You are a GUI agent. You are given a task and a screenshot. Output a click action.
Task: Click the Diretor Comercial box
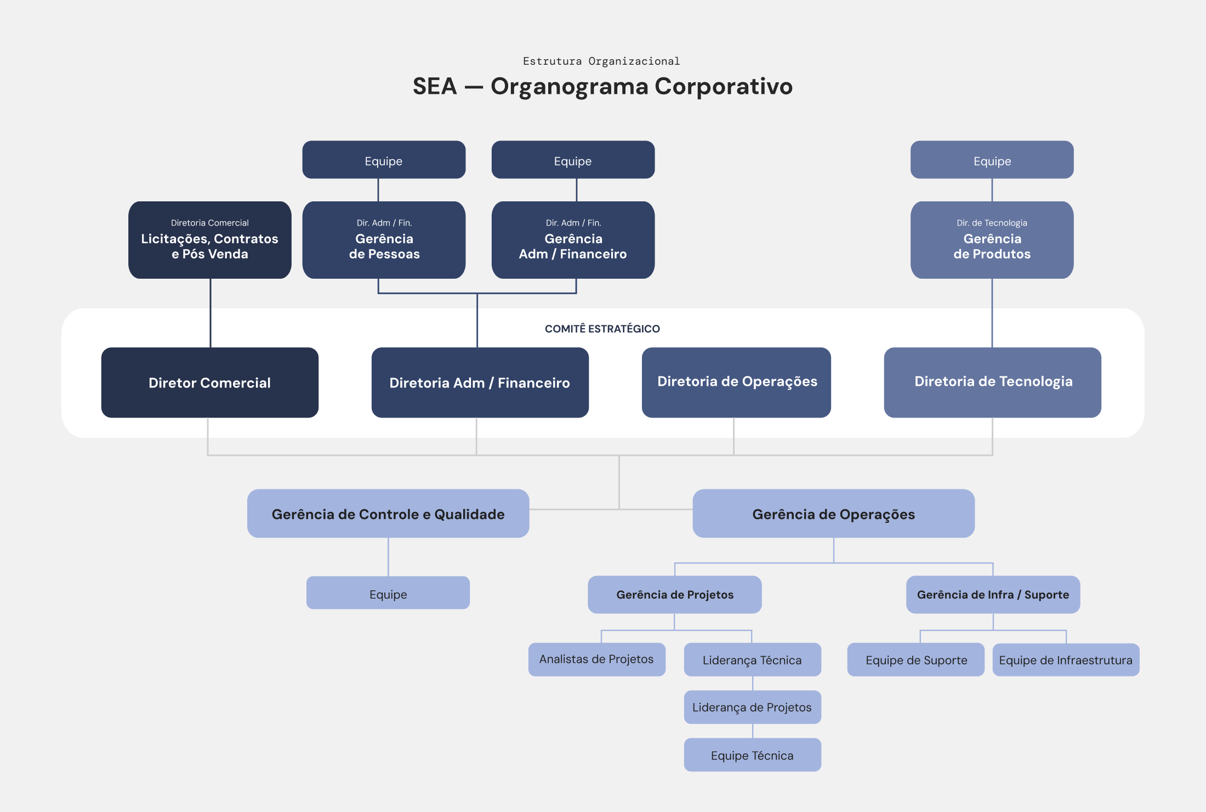tap(210, 382)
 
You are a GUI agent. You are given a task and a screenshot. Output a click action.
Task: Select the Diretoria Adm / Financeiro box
tap(480, 382)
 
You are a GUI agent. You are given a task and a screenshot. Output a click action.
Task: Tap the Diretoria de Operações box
tap(736, 382)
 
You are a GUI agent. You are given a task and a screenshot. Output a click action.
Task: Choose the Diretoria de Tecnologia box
tap(993, 382)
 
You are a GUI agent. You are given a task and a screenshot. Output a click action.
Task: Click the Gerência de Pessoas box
tap(384, 240)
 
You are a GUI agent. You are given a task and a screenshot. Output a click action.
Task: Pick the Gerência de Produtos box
tap(992, 240)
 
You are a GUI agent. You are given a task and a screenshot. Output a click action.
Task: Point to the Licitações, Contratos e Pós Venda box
tap(210, 240)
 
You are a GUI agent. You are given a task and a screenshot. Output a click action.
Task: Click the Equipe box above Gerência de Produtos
tap(992, 160)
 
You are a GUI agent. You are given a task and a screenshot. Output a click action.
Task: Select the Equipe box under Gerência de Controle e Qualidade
tap(388, 593)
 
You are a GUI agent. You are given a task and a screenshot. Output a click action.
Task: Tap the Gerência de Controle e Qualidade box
tap(388, 514)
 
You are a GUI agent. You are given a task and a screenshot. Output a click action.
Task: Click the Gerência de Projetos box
tap(675, 594)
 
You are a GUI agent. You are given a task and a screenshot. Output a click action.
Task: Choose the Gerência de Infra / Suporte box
tap(993, 594)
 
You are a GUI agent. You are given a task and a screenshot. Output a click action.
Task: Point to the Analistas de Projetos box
tap(597, 659)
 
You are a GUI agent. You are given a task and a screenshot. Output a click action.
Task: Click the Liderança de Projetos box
tap(753, 707)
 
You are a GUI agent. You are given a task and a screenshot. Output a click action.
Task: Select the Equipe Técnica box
tap(753, 755)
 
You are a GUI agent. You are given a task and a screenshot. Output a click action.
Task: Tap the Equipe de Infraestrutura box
tap(1066, 659)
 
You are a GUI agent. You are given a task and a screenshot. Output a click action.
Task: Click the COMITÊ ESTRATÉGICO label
tap(602, 329)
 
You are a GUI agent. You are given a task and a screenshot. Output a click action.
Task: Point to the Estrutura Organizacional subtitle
tap(601, 61)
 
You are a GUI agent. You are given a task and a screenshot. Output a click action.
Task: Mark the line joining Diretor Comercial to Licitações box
tap(211, 313)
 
